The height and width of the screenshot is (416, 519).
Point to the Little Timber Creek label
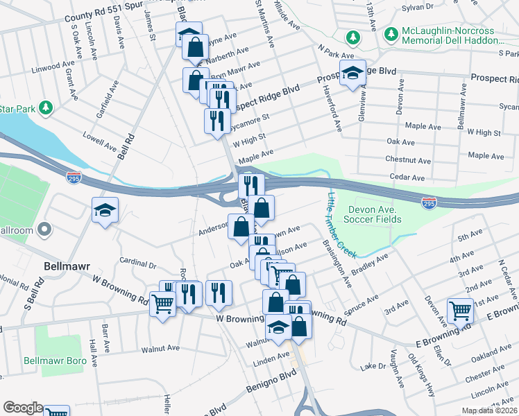point(341,225)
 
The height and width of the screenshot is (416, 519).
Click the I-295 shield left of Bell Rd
point(74,178)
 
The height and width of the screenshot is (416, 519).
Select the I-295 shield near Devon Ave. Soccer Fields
point(429,202)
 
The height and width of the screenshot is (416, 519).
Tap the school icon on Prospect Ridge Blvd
point(352,73)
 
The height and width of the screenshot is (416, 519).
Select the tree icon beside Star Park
point(46,107)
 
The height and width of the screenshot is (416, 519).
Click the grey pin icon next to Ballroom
point(45,228)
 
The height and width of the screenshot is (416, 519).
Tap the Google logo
point(23,408)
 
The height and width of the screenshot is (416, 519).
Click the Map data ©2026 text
point(490,410)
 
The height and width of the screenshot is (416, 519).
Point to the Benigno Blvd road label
point(264,381)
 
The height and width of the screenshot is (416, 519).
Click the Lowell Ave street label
point(100,141)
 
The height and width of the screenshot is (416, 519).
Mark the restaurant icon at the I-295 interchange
point(250,185)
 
